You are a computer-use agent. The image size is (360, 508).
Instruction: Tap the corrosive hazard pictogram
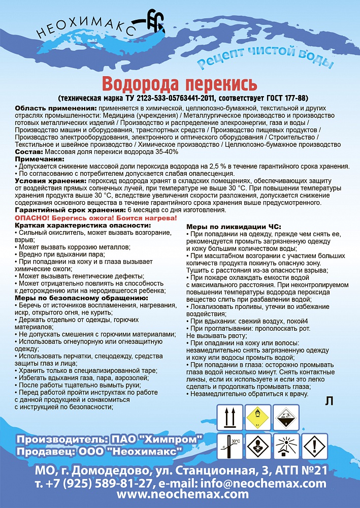tap(287, 418)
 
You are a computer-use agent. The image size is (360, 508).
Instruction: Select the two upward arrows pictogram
tap(230, 418)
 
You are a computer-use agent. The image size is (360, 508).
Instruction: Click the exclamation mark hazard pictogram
tap(315, 446)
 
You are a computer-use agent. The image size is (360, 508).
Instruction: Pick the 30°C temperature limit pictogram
tap(230, 446)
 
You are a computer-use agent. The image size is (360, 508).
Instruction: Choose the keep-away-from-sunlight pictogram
tap(287, 446)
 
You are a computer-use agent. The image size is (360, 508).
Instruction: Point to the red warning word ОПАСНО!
tap(32, 217)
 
